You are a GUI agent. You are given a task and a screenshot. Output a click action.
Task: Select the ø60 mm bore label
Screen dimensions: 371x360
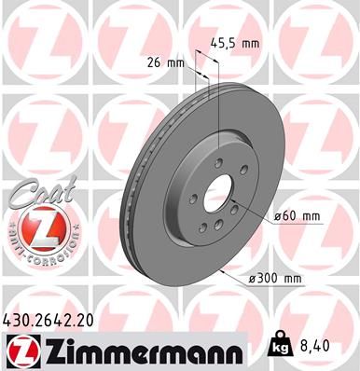point(298,217)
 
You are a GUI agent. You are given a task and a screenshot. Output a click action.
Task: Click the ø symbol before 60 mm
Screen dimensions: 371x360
point(277,218)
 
